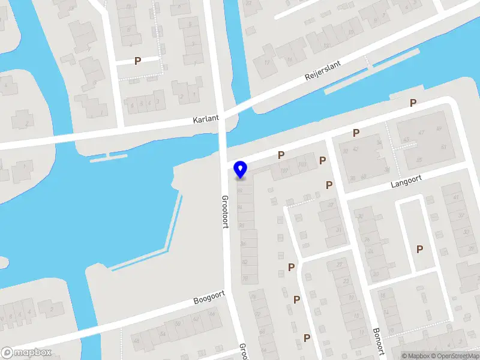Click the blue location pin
tap(241, 169)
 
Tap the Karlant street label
tap(206, 119)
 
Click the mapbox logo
tap(26, 353)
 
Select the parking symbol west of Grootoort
tap(138, 61)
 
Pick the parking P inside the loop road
tap(419, 249)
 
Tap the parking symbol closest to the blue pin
tap(281, 155)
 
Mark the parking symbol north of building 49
tap(413, 103)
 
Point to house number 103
tap(302, 164)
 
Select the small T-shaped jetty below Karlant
tap(108, 157)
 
